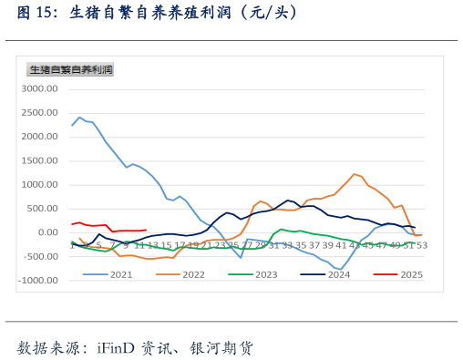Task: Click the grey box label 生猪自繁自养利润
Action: pyautogui.click(x=70, y=69)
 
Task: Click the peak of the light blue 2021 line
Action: pyautogui.click(x=79, y=117)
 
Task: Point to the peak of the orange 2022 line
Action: pyautogui.click(x=354, y=174)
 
